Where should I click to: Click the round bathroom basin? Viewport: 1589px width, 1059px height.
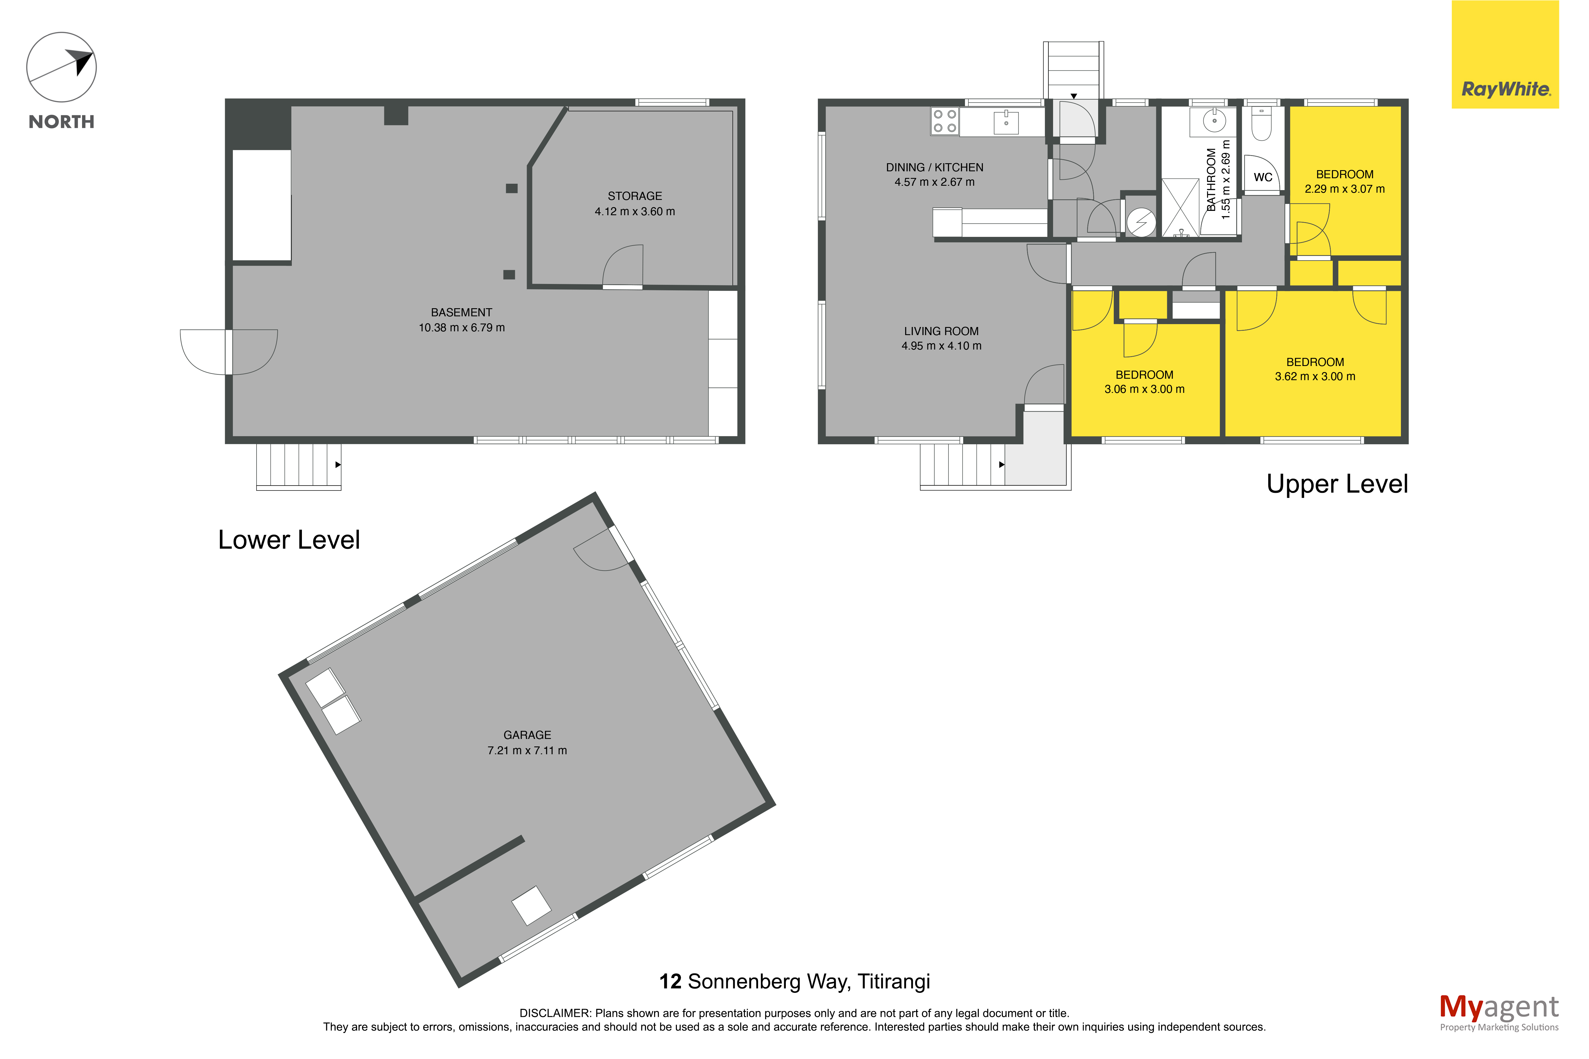tap(1214, 121)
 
